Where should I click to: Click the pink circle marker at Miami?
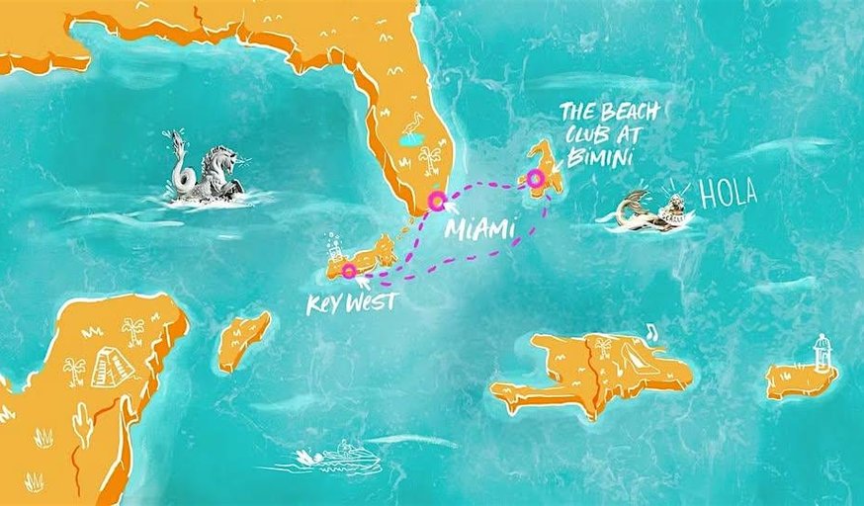pos(436,202)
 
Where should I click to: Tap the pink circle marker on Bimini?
pos(536,179)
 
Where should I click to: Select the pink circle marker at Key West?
pos(349,270)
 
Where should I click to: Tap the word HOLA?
pos(728,193)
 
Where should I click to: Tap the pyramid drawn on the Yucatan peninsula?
pos(113,369)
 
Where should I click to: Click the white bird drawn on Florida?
pos(409,130)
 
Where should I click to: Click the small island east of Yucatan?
pos(243,340)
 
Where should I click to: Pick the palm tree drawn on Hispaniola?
pos(602,347)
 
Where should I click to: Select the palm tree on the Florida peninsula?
pos(429,158)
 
